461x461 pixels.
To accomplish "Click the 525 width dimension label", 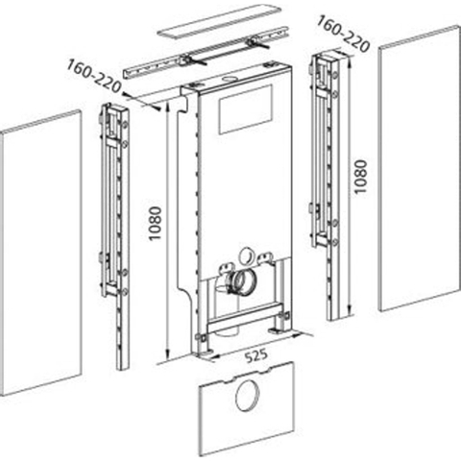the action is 256,355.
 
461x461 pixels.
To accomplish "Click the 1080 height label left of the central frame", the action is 156,224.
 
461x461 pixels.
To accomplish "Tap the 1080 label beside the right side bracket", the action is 360,177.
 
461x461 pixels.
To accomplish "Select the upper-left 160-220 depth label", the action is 94,76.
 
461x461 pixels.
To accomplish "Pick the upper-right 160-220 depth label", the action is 343,35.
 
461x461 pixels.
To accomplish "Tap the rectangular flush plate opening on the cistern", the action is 246,109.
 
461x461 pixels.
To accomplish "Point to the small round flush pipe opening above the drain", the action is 247,255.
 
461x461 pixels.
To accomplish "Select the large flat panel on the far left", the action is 40,253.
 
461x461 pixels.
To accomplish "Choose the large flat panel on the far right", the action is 420,168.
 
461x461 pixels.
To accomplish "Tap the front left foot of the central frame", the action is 204,352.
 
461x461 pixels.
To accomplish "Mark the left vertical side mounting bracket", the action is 115,236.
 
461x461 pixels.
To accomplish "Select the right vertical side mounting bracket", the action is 326,185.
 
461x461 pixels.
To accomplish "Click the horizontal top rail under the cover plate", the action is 206,54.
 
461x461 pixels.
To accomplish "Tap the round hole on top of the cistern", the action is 230,79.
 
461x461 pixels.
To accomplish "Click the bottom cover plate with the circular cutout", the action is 246,408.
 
